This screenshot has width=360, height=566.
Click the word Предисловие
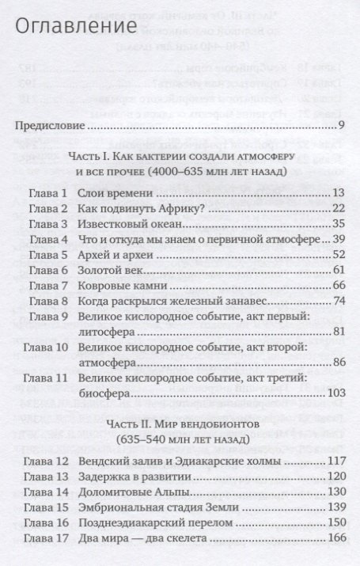51,125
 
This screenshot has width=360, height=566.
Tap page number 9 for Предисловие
340,125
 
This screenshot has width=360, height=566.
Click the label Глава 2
45,208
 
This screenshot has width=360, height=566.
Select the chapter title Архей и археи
121,254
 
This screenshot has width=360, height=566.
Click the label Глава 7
45,285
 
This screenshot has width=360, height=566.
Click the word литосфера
111,331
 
